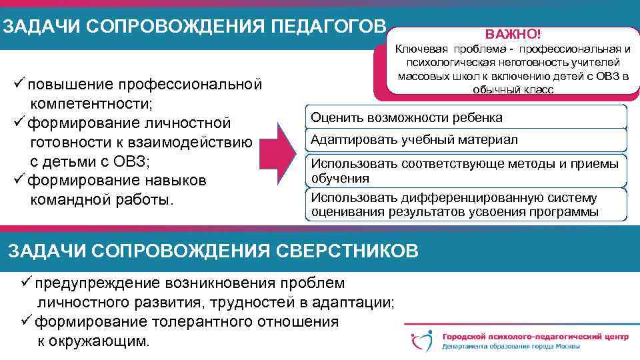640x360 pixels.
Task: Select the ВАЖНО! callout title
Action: tap(513, 33)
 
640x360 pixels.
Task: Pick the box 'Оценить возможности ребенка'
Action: tap(466, 118)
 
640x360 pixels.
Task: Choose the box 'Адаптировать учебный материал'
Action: tap(466, 140)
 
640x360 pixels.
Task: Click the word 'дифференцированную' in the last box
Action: tap(467, 198)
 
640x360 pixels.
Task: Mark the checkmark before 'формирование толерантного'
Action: tap(27, 321)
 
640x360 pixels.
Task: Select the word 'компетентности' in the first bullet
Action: tap(91, 104)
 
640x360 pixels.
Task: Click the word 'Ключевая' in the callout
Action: tap(423, 49)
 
